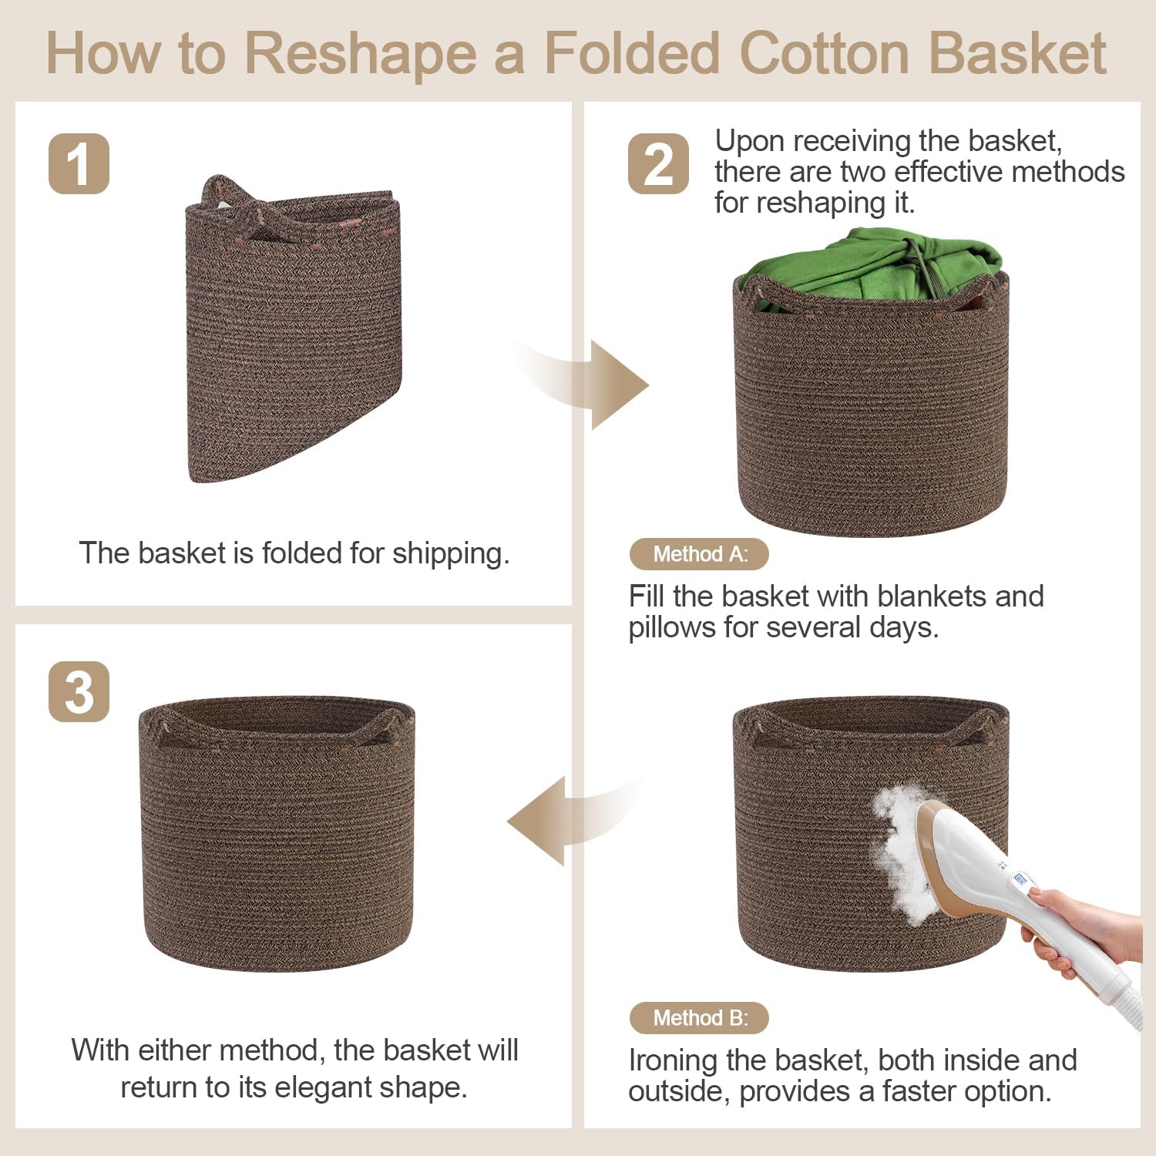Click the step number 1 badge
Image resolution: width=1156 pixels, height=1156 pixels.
79,163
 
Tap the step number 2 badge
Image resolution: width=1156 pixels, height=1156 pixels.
658,163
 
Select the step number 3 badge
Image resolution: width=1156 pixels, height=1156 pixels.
79,691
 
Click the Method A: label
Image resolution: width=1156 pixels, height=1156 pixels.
699,554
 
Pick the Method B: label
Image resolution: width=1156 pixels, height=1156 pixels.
699,1018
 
